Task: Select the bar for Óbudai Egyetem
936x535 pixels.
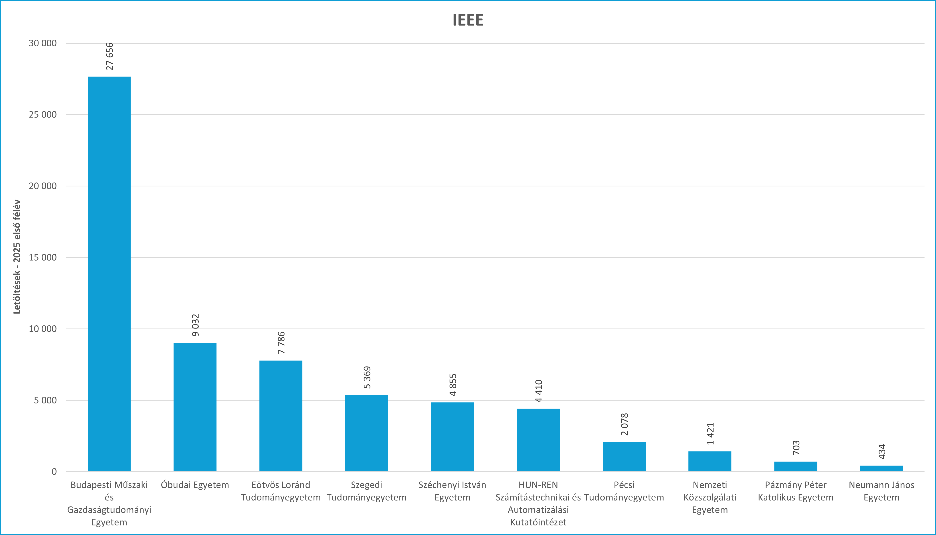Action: click(195, 407)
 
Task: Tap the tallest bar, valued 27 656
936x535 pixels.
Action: click(109, 274)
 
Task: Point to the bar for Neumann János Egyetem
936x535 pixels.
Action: click(881, 468)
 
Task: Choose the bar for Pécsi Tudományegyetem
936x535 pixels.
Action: click(624, 456)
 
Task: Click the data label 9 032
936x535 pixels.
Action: click(195, 325)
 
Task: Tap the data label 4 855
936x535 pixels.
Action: click(453, 385)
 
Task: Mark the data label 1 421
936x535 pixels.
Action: click(710, 434)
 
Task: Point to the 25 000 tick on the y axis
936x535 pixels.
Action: click(43, 115)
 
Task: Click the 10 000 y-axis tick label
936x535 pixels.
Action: click(43, 329)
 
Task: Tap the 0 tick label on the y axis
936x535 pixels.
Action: click(54, 472)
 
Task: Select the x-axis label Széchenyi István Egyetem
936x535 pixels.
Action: click(452, 491)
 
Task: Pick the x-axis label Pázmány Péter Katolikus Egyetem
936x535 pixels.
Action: click(795, 491)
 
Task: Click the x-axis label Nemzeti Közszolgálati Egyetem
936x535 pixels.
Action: click(710, 497)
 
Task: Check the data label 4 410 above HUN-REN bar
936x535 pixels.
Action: click(539, 391)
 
